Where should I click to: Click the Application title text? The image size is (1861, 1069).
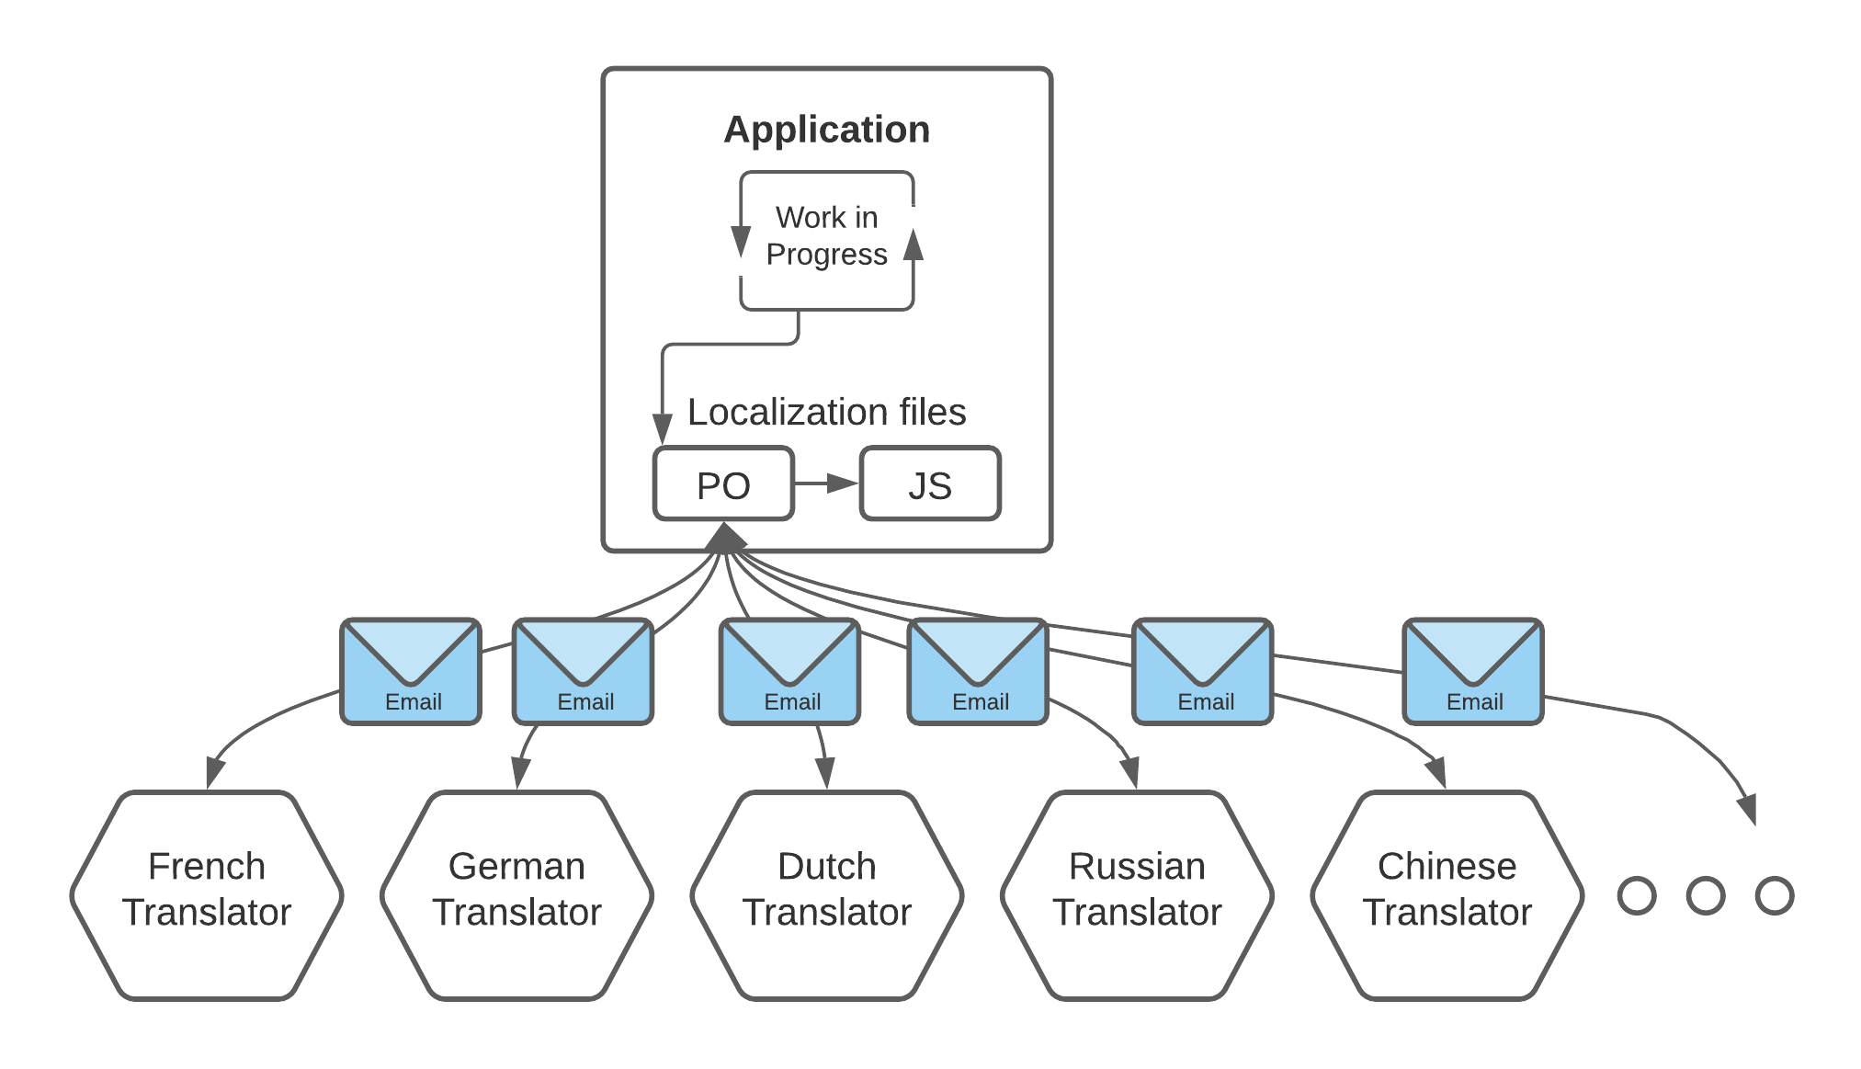[826, 130]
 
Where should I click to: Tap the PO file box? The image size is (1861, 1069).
[723, 484]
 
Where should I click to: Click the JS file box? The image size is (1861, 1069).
[930, 484]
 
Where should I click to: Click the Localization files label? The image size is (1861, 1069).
[826, 412]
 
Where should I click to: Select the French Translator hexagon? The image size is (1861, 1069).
[207, 894]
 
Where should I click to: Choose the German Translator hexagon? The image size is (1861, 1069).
[516, 894]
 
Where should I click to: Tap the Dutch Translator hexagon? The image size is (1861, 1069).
[826, 894]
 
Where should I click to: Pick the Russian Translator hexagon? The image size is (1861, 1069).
[1137, 894]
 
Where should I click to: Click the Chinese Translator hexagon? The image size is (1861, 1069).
[1447, 894]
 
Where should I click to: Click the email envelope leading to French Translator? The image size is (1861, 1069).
[411, 671]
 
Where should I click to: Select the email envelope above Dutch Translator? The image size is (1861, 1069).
[790, 671]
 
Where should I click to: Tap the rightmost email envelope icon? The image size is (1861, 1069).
[1472, 671]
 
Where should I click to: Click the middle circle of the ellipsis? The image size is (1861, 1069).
[1705, 895]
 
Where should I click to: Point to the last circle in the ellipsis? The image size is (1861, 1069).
[1774, 895]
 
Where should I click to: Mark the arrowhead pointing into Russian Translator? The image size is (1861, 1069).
[1131, 772]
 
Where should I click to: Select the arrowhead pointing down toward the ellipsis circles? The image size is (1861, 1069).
[1748, 809]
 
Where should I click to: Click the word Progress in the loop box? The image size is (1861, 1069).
[826, 255]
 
